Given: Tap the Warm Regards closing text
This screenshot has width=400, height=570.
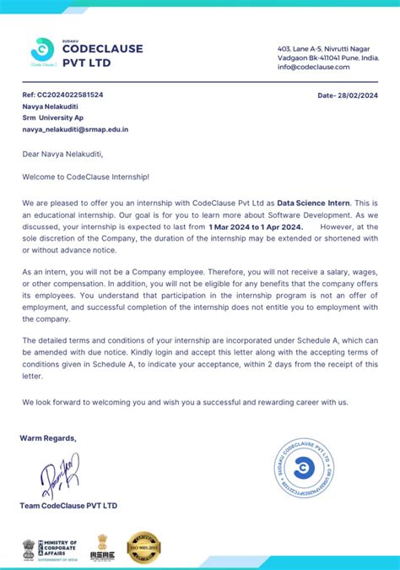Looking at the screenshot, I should click(x=48, y=437).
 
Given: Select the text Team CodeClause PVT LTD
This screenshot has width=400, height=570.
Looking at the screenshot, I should click(x=68, y=505).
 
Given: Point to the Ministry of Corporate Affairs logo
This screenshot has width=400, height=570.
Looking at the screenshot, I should click(x=50, y=546).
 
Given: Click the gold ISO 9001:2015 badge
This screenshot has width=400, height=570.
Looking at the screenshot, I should click(x=143, y=547).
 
